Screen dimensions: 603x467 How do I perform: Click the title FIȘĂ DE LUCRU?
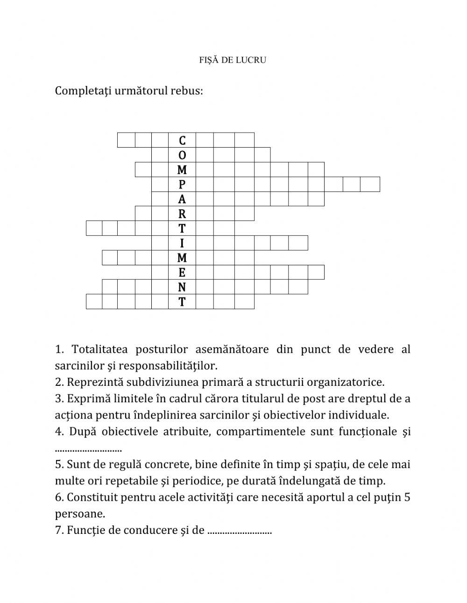[x=233, y=60]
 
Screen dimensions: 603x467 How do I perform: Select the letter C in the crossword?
[x=182, y=141]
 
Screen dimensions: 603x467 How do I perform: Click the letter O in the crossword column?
[x=182, y=155]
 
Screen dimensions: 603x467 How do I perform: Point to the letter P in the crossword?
[x=182, y=184]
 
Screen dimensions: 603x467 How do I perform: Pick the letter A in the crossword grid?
[x=182, y=199]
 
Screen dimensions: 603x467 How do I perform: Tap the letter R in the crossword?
[x=182, y=214]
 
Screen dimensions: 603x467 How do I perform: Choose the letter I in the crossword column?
[x=182, y=243]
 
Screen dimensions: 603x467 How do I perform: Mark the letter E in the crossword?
[x=182, y=273]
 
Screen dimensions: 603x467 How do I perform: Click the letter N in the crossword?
[x=182, y=287]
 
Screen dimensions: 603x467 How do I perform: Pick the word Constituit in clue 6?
[x=92, y=497]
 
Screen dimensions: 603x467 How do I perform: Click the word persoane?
[x=79, y=514]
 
